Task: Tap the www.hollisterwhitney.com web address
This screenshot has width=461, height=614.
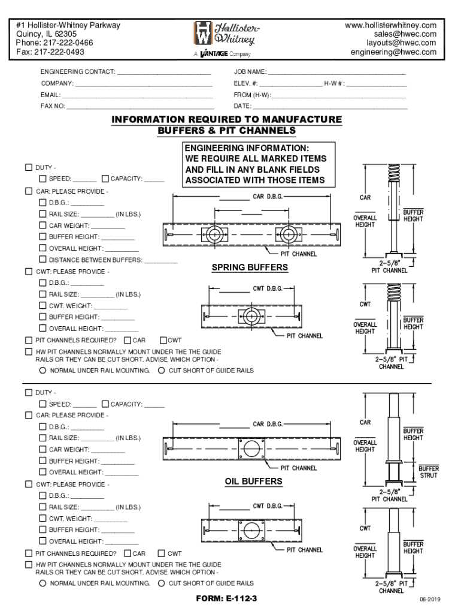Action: pos(391,25)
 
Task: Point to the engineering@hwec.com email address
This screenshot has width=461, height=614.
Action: pos(393,52)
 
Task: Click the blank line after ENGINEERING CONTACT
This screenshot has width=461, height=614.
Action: pos(165,73)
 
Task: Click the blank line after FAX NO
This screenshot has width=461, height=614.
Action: pos(140,107)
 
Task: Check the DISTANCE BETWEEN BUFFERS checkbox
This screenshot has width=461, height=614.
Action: pos(43,260)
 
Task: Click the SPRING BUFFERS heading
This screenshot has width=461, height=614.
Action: pos(250,267)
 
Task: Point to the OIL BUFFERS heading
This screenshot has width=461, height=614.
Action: pos(253,481)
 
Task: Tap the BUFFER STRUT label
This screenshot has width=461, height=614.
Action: pos(428,472)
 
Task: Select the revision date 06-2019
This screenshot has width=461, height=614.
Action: pos(430,600)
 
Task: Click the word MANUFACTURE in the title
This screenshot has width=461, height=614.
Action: pos(299,119)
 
